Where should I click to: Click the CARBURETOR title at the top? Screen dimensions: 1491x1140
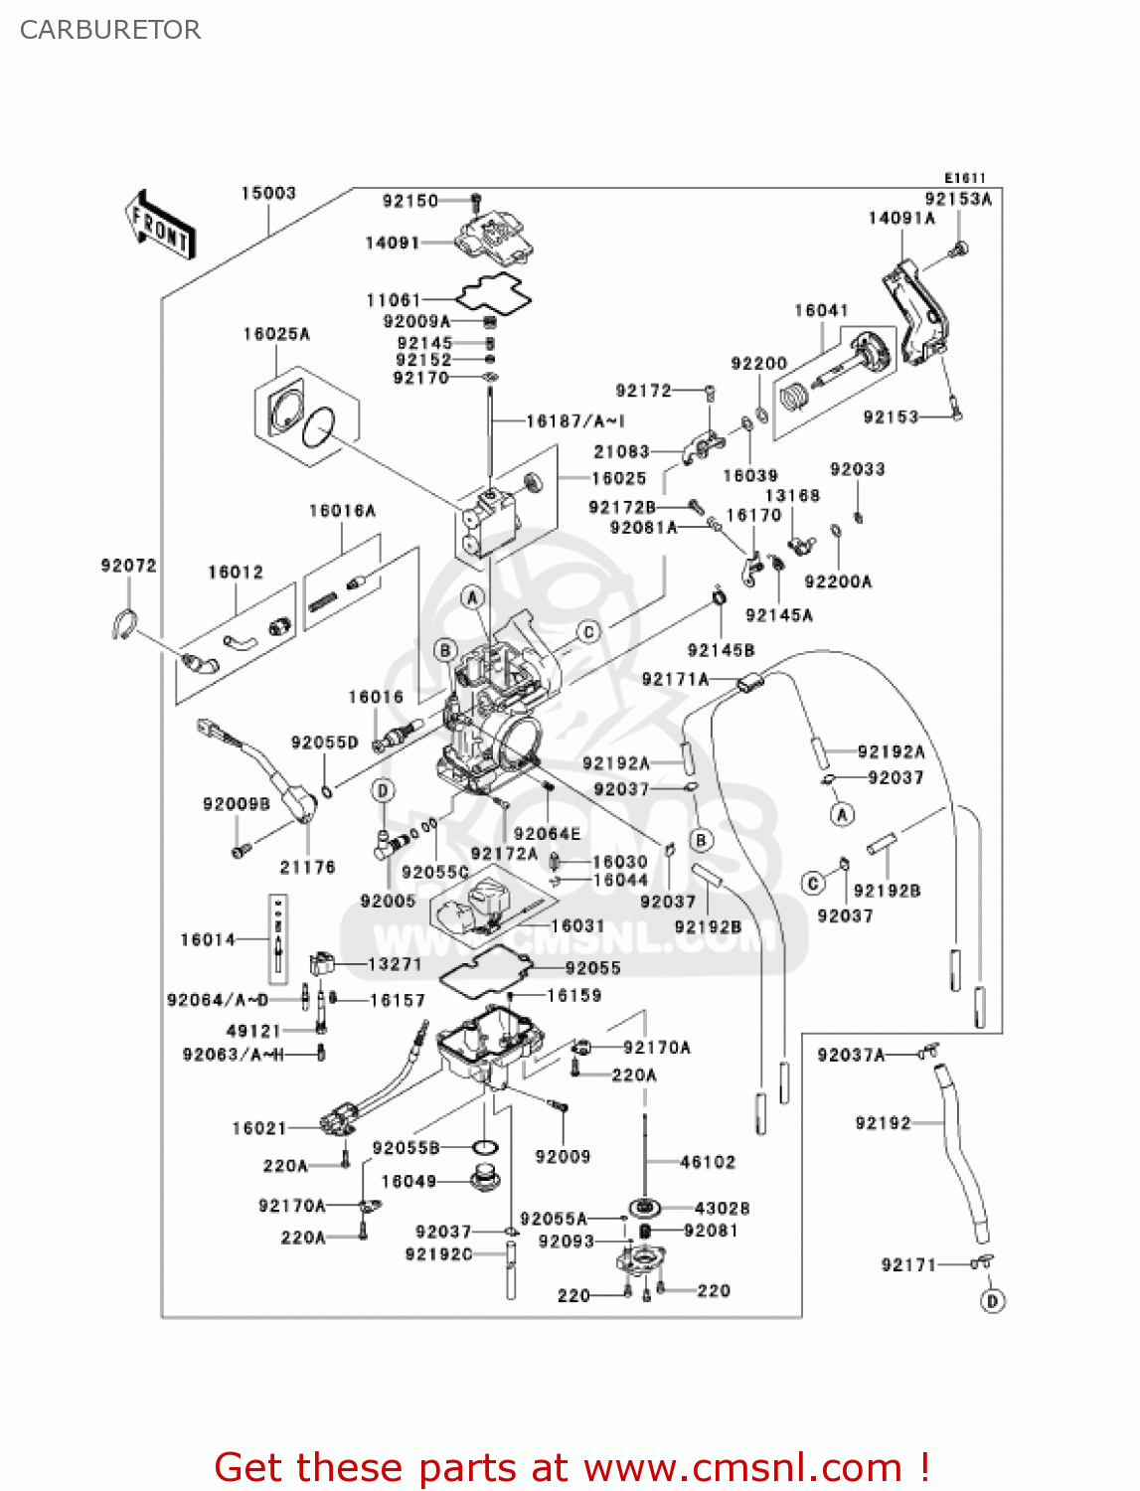110,30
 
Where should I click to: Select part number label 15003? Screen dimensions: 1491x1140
268,193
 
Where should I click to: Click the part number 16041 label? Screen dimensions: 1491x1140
821,310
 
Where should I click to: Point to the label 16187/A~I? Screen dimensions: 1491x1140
575,420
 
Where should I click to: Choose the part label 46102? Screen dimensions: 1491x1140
708,1161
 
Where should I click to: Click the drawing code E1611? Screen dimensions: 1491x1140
964,178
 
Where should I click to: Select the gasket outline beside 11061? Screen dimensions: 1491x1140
494,292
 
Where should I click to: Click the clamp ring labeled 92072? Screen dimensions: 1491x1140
122,623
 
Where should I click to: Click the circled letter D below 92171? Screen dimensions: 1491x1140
992,1300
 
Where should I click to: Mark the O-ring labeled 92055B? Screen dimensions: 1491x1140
484,1148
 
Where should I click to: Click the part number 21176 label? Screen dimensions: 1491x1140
307,867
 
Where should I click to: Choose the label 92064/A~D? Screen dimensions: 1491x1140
218,1000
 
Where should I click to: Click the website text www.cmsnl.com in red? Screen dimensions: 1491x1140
742,1467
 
